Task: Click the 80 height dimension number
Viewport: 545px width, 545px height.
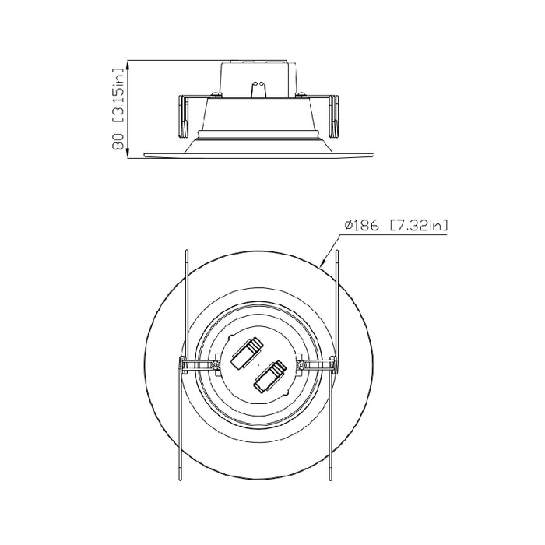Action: [118, 141]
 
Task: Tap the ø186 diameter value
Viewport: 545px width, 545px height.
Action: [360, 226]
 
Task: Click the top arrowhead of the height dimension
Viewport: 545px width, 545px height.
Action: [130, 62]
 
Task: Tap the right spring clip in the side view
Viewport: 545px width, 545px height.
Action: [333, 114]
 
